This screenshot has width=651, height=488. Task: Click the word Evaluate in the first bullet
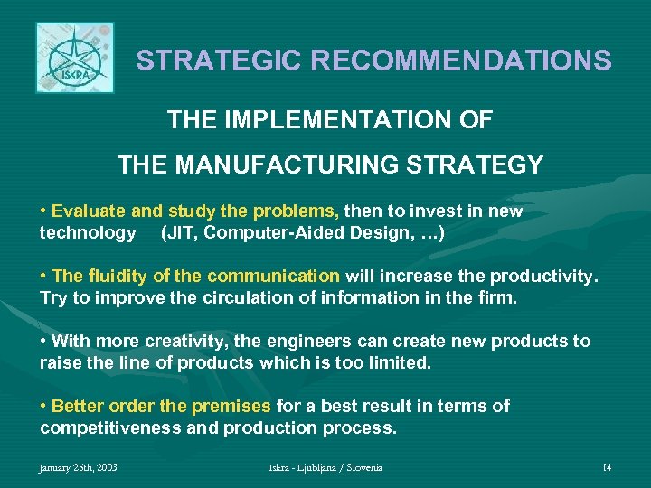point(89,211)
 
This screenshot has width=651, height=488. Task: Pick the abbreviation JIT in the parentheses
point(178,233)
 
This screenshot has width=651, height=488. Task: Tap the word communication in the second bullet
point(273,277)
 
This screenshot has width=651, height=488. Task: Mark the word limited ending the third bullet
point(401,363)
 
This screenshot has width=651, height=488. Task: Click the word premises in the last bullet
point(233,407)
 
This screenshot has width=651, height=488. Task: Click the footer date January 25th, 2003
point(78,468)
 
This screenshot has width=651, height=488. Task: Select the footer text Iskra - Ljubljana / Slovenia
point(325,468)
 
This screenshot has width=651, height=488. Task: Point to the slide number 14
point(607,468)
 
